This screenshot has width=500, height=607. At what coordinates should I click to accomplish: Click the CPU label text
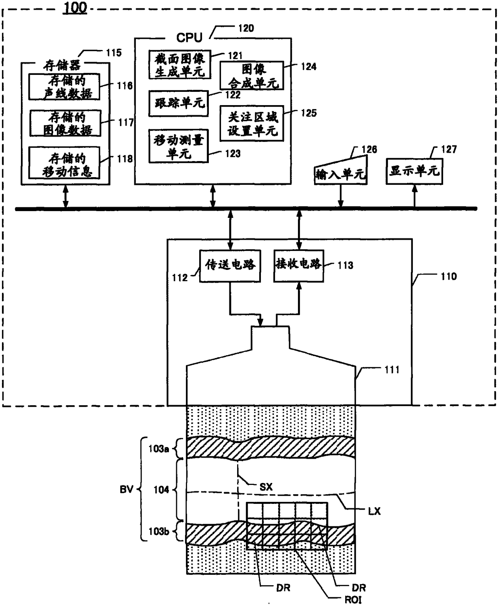click(x=190, y=38)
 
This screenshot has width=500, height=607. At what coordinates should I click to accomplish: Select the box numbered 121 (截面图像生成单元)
click(x=180, y=64)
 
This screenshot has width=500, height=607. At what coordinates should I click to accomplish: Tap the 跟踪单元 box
click(x=179, y=104)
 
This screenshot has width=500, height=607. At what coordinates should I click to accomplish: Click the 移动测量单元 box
click(x=179, y=146)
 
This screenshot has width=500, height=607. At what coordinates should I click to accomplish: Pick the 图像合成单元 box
click(x=252, y=76)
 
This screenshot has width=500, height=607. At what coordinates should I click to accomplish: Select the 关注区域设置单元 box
click(x=252, y=124)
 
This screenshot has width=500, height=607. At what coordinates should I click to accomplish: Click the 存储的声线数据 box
click(x=64, y=87)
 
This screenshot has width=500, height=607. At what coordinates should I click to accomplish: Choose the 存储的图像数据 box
click(x=65, y=123)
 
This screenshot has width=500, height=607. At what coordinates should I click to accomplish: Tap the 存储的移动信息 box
click(x=64, y=163)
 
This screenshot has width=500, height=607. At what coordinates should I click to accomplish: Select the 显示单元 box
click(x=415, y=171)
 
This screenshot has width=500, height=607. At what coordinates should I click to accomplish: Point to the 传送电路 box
click(x=230, y=266)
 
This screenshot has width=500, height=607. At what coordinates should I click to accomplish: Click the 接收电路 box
click(x=299, y=266)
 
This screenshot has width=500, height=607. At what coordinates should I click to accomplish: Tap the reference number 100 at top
click(x=75, y=8)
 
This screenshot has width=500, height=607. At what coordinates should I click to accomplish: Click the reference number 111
click(x=392, y=370)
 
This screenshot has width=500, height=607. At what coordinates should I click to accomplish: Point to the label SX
click(x=266, y=487)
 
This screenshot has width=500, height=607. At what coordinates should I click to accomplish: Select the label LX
click(x=374, y=511)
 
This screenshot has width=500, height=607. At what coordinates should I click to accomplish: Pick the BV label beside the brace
click(x=127, y=489)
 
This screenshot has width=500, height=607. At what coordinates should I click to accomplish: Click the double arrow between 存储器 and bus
click(x=66, y=197)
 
